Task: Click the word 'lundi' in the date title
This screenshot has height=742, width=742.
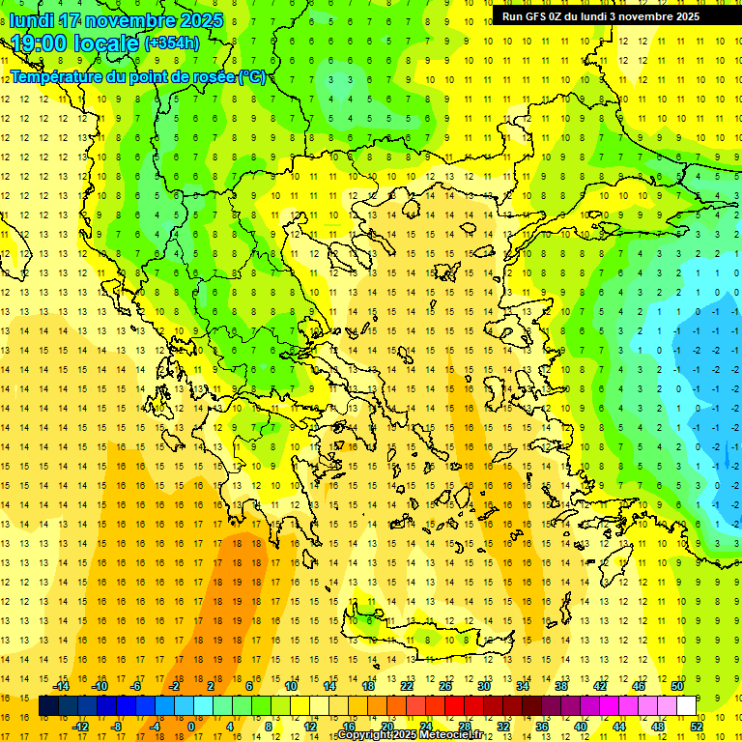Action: (31, 19)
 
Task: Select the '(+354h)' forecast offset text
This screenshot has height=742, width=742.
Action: (171, 43)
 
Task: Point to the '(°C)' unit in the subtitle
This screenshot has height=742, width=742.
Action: (251, 76)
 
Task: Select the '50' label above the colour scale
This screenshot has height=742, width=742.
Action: (676, 686)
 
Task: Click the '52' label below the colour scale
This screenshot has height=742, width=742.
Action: (696, 727)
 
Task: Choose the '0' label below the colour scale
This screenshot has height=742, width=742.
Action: (190, 727)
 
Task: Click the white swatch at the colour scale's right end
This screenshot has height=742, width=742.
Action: (686, 706)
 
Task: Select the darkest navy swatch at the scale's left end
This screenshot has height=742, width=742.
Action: (49, 706)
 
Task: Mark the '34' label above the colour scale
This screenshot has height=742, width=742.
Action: (522, 686)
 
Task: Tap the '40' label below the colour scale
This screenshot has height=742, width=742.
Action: (580, 727)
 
